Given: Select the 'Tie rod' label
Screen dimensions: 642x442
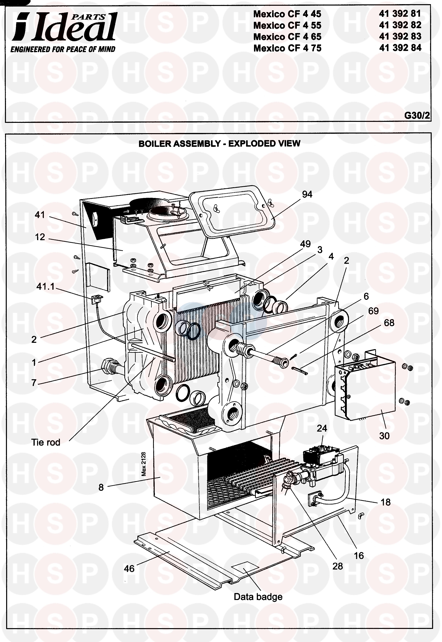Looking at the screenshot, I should [46, 442].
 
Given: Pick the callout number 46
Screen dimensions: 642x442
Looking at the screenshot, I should [129, 569].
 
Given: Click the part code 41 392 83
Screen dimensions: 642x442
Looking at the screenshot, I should [400, 36].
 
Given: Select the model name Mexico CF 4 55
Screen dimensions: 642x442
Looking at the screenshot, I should [287, 25].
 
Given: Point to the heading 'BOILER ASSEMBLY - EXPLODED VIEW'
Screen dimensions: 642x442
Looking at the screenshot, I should [219, 144].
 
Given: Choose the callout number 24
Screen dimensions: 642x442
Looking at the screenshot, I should [322, 428].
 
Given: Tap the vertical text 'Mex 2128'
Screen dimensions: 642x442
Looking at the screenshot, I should [143, 464].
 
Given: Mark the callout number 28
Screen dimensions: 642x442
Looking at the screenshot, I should [337, 566].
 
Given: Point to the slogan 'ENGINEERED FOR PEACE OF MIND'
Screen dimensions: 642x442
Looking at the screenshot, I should [63, 50].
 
